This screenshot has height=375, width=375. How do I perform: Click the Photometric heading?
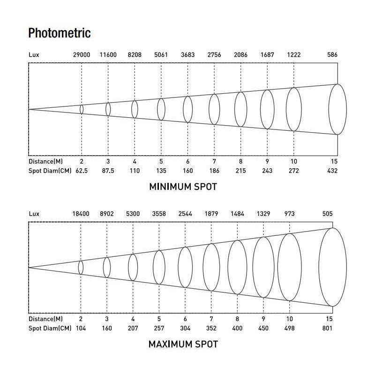pyautogui.click(x=60, y=33)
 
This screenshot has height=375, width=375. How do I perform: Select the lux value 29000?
pyautogui.click(x=82, y=55)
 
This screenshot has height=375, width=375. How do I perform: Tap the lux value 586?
pyautogui.click(x=332, y=55)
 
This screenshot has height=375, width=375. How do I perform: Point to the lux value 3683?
pyautogui.click(x=187, y=55)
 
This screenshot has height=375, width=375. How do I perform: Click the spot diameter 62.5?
pyautogui.click(x=82, y=171)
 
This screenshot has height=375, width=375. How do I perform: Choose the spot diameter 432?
pyautogui.click(x=332, y=171)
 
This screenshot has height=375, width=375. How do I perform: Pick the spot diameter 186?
pyautogui.click(x=214, y=171)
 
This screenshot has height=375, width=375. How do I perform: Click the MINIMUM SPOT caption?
pyautogui.click(x=183, y=187)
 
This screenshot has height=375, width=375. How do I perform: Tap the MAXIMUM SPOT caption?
pyautogui.click(x=183, y=345)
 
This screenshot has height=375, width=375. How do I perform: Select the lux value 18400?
pyautogui.click(x=81, y=214)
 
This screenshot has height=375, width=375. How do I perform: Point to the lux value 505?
pyautogui.click(x=327, y=214)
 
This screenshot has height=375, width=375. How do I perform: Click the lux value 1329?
pyautogui.click(x=263, y=214)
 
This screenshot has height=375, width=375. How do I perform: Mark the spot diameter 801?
pyautogui.click(x=327, y=328)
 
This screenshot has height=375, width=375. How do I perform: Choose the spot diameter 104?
pyautogui.click(x=81, y=328)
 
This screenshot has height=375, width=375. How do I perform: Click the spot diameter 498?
pyautogui.click(x=289, y=328)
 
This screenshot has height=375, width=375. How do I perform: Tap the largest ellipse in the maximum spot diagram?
pyautogui.click(x=333, y=267)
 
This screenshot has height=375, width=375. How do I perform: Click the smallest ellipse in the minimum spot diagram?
pyautogui.click(x=82, y=109)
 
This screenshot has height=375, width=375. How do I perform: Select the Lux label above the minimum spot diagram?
pyautogui.click(x=34, y=55)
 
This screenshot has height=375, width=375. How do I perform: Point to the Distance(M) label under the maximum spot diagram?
pyautogui.click(x=45, y=319)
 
